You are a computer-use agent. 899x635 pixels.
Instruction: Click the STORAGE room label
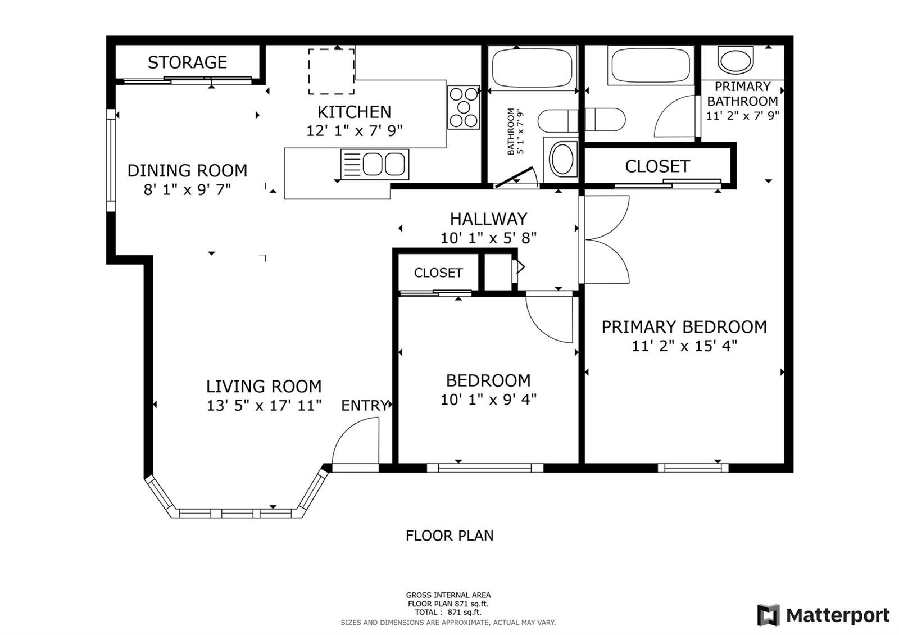[188, 62]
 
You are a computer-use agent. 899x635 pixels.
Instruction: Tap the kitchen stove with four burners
[464, 107]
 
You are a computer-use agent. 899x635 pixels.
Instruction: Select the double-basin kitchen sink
[375, 164]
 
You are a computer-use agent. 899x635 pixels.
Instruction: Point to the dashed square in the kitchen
[332, 71]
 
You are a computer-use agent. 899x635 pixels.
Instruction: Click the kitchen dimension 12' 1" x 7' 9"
[355, 130]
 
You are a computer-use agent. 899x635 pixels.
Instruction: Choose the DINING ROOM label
[188, 171]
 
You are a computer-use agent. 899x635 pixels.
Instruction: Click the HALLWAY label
[488, 219]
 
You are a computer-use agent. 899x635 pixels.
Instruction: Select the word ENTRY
[365, 405]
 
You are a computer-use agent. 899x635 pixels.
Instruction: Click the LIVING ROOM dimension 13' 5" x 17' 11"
[264, 405]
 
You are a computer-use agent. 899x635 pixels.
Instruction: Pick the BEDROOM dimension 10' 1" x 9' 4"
[488, 400]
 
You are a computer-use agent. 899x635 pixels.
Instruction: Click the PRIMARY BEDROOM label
[684, 327]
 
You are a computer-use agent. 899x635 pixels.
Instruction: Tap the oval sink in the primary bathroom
[735, 60]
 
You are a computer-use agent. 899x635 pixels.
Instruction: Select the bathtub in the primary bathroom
[651, 66]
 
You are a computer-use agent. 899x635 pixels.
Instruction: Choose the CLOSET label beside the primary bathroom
[657, 166]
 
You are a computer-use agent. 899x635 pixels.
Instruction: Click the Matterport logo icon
[768, 615]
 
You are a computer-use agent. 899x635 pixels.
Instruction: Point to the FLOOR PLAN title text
[449, 536]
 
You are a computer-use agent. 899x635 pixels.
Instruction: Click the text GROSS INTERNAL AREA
[448, 595]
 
